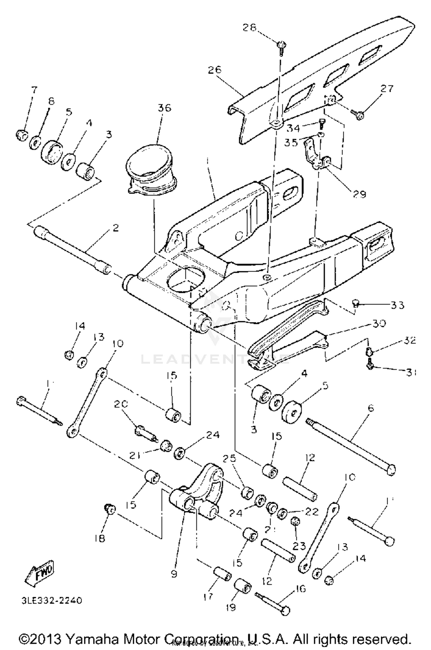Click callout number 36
coord(164,108)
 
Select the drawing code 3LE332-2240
coord(51,601)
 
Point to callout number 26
coord(215,70)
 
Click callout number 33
coord(397,305)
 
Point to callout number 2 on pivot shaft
coord(115,228)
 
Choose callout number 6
coord(371,408)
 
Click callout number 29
coord(359,194)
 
